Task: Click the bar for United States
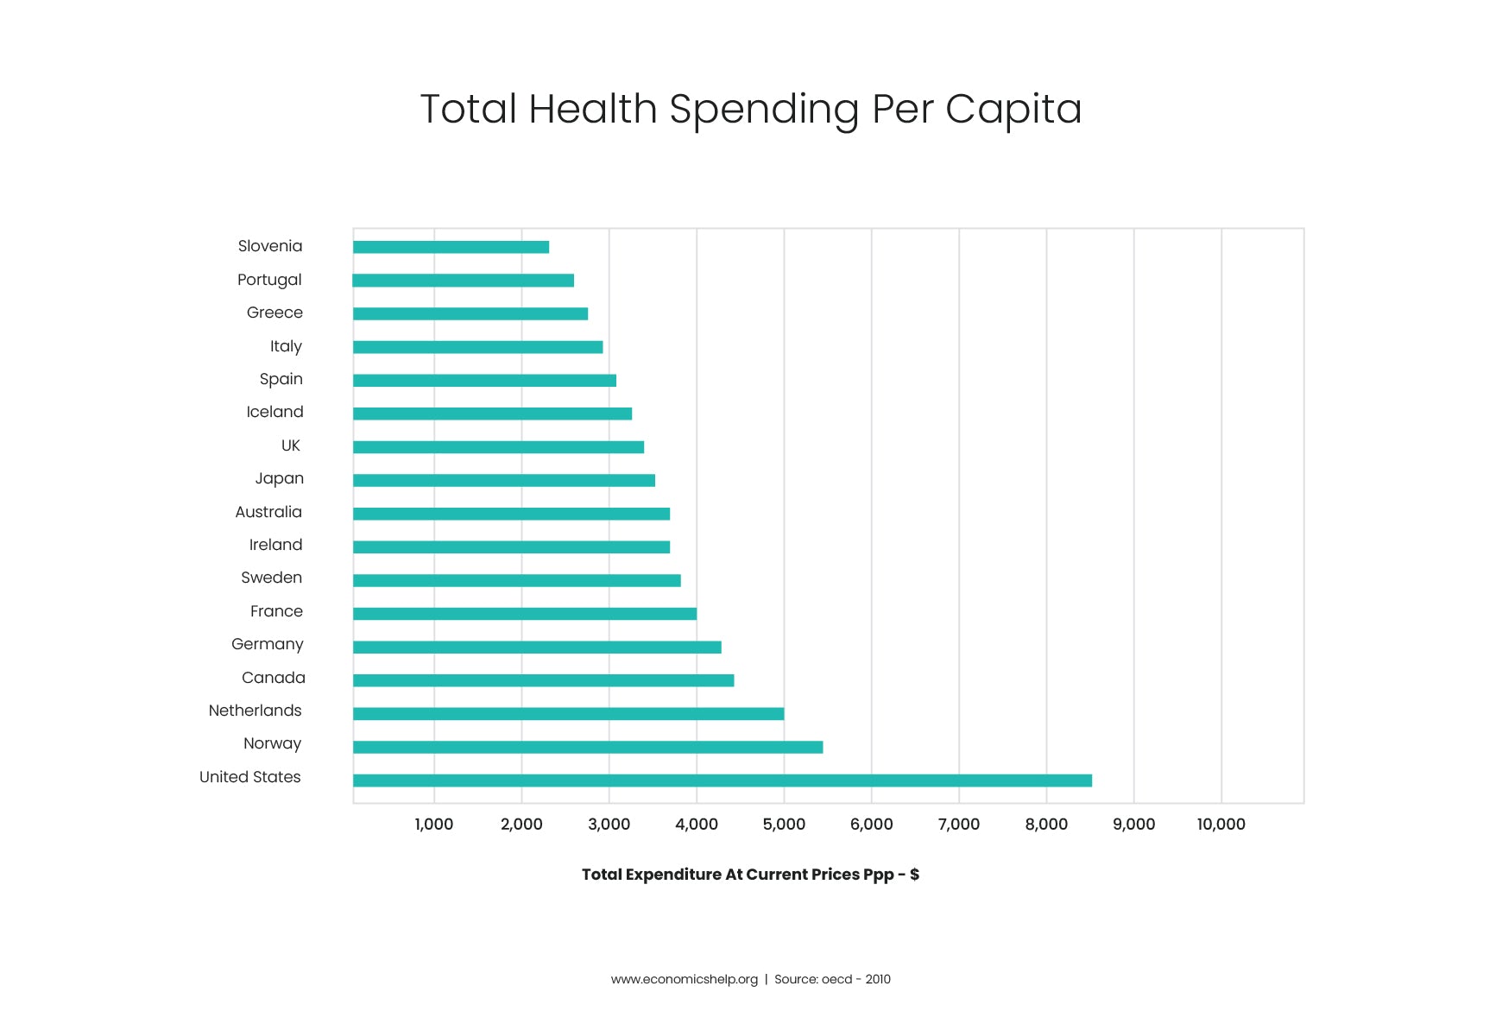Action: [722, 780]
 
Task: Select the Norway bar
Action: [587, 747]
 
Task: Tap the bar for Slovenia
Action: [451, 247]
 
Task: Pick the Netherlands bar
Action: [568, 714]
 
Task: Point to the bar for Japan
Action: [503, 480]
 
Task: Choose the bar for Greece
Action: [470, 313]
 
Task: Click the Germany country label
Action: [268, 645]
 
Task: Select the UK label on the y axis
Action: [291, 445]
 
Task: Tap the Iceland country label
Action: [275, 413]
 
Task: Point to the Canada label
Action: [273, 678]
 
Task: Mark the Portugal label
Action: [269, 280]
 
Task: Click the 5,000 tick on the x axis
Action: [784, 825]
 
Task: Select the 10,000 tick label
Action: [1221, 825]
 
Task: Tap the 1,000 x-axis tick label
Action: [433, 825]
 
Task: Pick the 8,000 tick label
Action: [1046, 825]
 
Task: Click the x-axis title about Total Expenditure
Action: [750, 875]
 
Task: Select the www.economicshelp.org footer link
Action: [684, 979]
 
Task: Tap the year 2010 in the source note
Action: [878, 979]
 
